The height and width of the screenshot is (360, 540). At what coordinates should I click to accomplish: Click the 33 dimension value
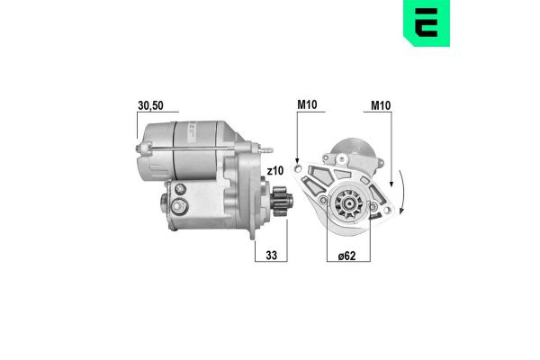(271, 254)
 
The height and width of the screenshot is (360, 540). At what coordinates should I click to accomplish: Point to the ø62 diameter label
(347, 254)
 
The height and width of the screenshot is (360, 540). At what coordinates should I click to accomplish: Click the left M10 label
(308, 106)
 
